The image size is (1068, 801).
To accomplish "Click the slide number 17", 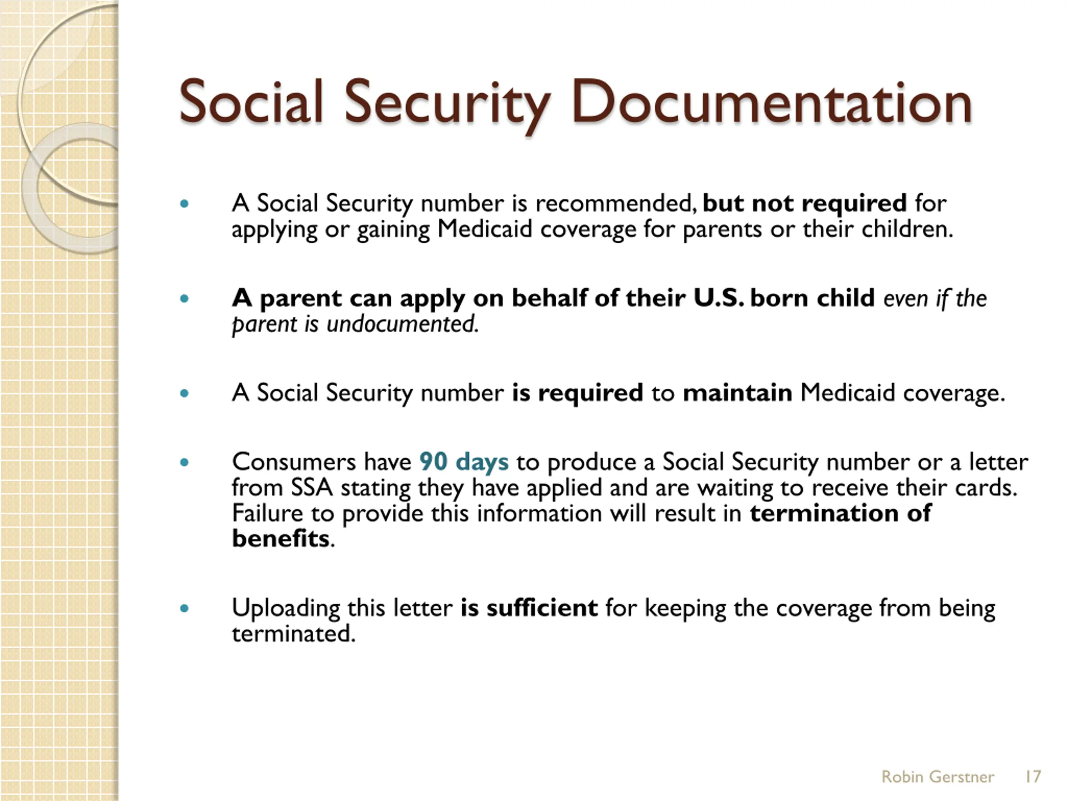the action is (1033, 776).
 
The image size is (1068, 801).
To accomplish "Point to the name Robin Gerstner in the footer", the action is (938, 776).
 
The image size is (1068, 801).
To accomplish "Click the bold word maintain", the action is (737, 392).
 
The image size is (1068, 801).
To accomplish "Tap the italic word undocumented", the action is (402, 323).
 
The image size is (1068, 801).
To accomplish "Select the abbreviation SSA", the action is (311, 487).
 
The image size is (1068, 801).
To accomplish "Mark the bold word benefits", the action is (280, 538).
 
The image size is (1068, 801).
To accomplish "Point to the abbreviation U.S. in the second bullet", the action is (718, 297).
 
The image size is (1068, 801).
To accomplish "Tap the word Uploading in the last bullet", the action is (285, 608).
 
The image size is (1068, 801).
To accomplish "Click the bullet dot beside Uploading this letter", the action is (184, 608).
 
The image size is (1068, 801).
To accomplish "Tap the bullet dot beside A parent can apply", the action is (184, 298).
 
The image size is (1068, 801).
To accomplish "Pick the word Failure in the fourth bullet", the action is (267, 513).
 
